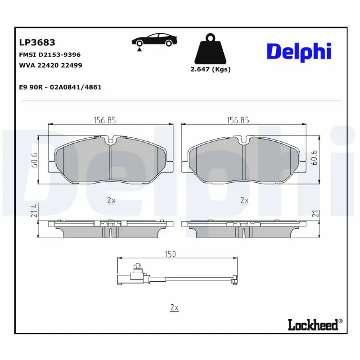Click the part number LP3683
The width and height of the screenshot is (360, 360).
[x=37, y=42]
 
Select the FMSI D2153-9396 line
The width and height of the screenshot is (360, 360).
[x=49, y=54]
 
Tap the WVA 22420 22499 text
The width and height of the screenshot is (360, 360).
[x=50, y=65]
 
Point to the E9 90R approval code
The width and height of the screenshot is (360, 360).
[x=60, y=87]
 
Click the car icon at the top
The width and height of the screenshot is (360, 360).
[x=153, y=40]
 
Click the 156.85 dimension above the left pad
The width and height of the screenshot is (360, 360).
[x=105, y=120]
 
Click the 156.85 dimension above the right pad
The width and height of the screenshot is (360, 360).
[x=238, y=120]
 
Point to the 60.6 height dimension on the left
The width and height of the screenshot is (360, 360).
[x=34, y=160]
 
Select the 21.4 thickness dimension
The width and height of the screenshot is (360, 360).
[x=34, y=211]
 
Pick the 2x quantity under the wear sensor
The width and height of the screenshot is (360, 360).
[x=175, y=308]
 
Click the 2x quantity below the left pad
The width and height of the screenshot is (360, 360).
[x=111, y=201]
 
